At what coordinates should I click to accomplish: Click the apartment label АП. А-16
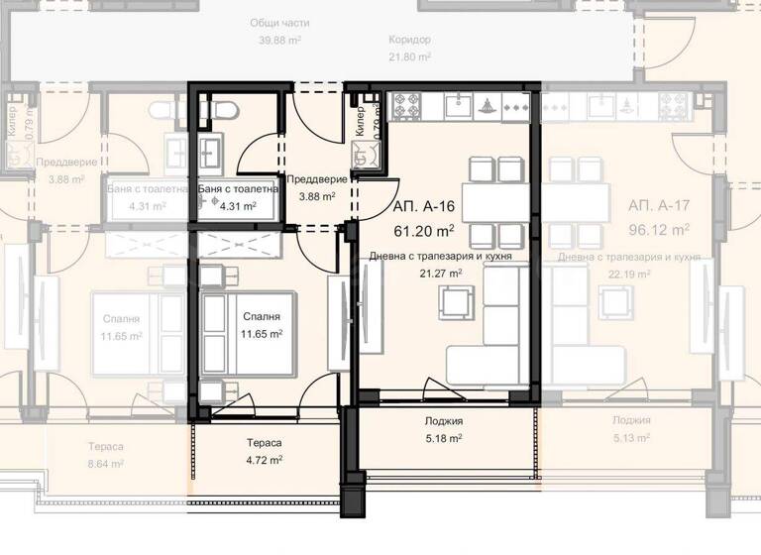pos(424,209)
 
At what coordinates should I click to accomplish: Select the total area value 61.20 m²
pos(424,230)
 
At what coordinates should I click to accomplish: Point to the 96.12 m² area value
pos(659,230)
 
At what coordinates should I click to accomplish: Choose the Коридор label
pos(409,40)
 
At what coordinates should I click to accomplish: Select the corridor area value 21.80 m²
pos(409,57)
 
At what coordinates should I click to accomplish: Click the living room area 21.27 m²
pos(442,273)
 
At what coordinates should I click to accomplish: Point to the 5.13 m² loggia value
pos(630,438)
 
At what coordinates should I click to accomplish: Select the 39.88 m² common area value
pos(278,41)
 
